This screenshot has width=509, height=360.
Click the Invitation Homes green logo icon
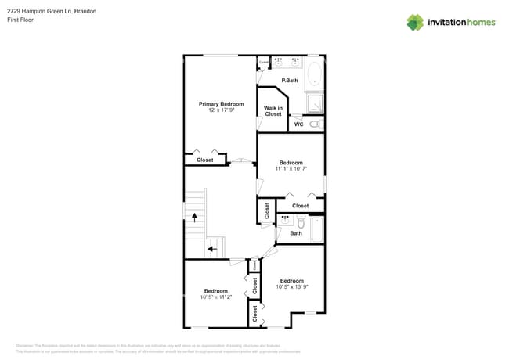[x=415, y=22]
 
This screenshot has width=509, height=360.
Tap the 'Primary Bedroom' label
[x=221, y=104]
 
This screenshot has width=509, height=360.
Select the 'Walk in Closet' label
[x=273, y=111]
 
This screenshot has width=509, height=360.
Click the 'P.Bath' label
[x=290, y=81]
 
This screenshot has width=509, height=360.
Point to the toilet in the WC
[x=315, y=124]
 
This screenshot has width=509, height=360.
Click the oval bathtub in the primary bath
[x=314, y=74]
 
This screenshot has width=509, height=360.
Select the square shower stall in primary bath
[x=314, y=103]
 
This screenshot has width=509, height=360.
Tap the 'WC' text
[x=298, y=124]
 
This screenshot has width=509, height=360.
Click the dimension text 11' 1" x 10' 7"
[x=291, y=169]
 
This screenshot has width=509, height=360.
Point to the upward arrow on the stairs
[x=193, y=213]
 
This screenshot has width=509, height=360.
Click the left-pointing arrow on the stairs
[x=211, y=250]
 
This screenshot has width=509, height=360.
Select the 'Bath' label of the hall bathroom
[x=296, y=233]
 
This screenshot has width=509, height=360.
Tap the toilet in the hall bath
[x=301, y=221]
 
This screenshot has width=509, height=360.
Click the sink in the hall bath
[x=284, y=221]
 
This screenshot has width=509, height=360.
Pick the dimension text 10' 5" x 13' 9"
[x=291, y=287]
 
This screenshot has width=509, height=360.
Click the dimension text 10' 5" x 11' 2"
[x=215, y=297]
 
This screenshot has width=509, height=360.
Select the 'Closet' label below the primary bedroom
[x=204, y=160]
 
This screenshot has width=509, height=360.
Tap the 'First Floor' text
[x=20, y=20]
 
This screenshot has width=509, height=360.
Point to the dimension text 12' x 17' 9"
[x=221, y=110]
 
